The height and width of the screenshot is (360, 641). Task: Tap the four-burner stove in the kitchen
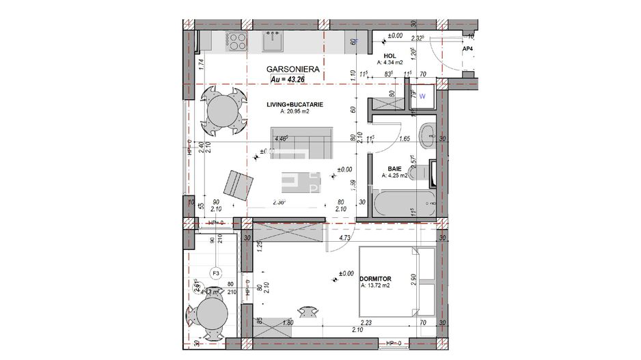pyautogui.click(x=237, y=42)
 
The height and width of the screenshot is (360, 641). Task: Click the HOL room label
pyautogui.click(x=390, y=56)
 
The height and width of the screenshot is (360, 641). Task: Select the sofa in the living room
pyautogui.click(x=301, y=141)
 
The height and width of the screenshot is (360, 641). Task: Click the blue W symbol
pyautogui.click(x=422, y=96)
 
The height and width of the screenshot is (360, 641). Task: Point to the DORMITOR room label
pyautogui.click(x=376, y=279)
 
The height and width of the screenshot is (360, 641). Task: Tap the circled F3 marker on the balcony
pyautogui.click(x=216, y=273)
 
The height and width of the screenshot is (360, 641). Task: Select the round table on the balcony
pyautogui.click(x=208, y=316)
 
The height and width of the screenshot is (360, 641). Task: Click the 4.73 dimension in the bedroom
pyautogui.click(x=346, y=238)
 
